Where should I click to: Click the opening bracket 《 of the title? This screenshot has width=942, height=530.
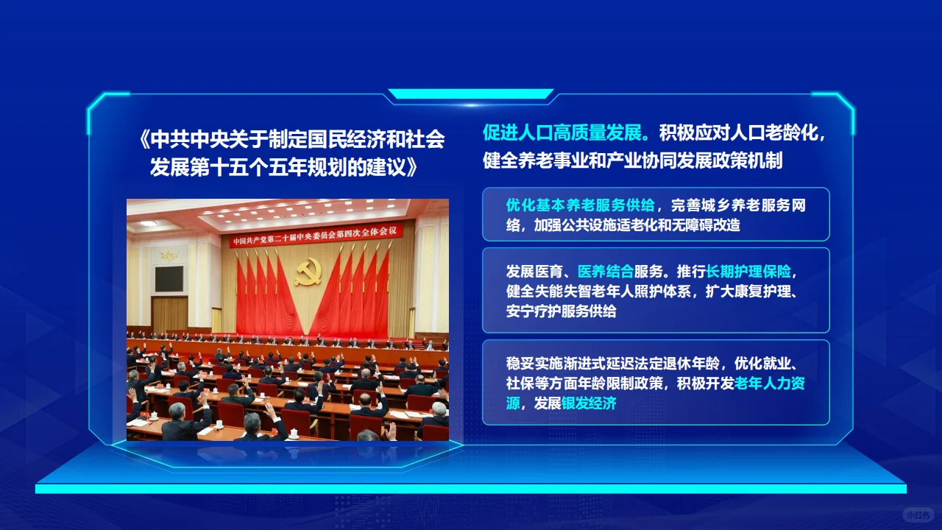coord(144,140)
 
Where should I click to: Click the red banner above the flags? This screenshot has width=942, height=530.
coord(316,236)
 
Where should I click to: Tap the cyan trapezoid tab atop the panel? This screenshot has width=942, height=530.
coord(471,94)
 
